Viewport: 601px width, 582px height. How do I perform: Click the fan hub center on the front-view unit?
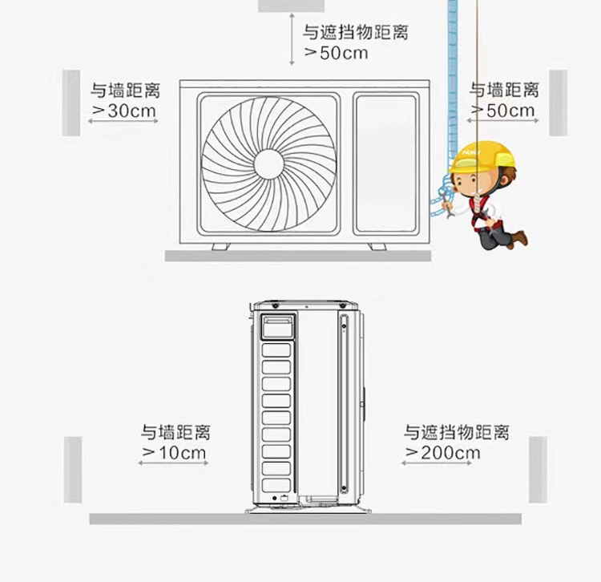269,164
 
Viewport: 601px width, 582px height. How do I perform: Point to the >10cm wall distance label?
175,453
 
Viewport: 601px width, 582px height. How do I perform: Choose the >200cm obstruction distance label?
442,453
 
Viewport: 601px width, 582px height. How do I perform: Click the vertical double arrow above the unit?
292,40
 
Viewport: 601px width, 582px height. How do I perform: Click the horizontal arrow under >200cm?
438,463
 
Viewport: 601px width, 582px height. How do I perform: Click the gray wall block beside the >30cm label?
71,102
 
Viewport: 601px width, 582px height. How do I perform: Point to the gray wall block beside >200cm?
538,470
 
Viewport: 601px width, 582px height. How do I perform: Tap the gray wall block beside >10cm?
73,470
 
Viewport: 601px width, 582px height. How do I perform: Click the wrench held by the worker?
446,210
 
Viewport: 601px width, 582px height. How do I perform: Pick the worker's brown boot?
520,237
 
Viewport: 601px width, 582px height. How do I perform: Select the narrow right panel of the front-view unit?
386,164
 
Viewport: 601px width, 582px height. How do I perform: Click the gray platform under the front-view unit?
298,256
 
